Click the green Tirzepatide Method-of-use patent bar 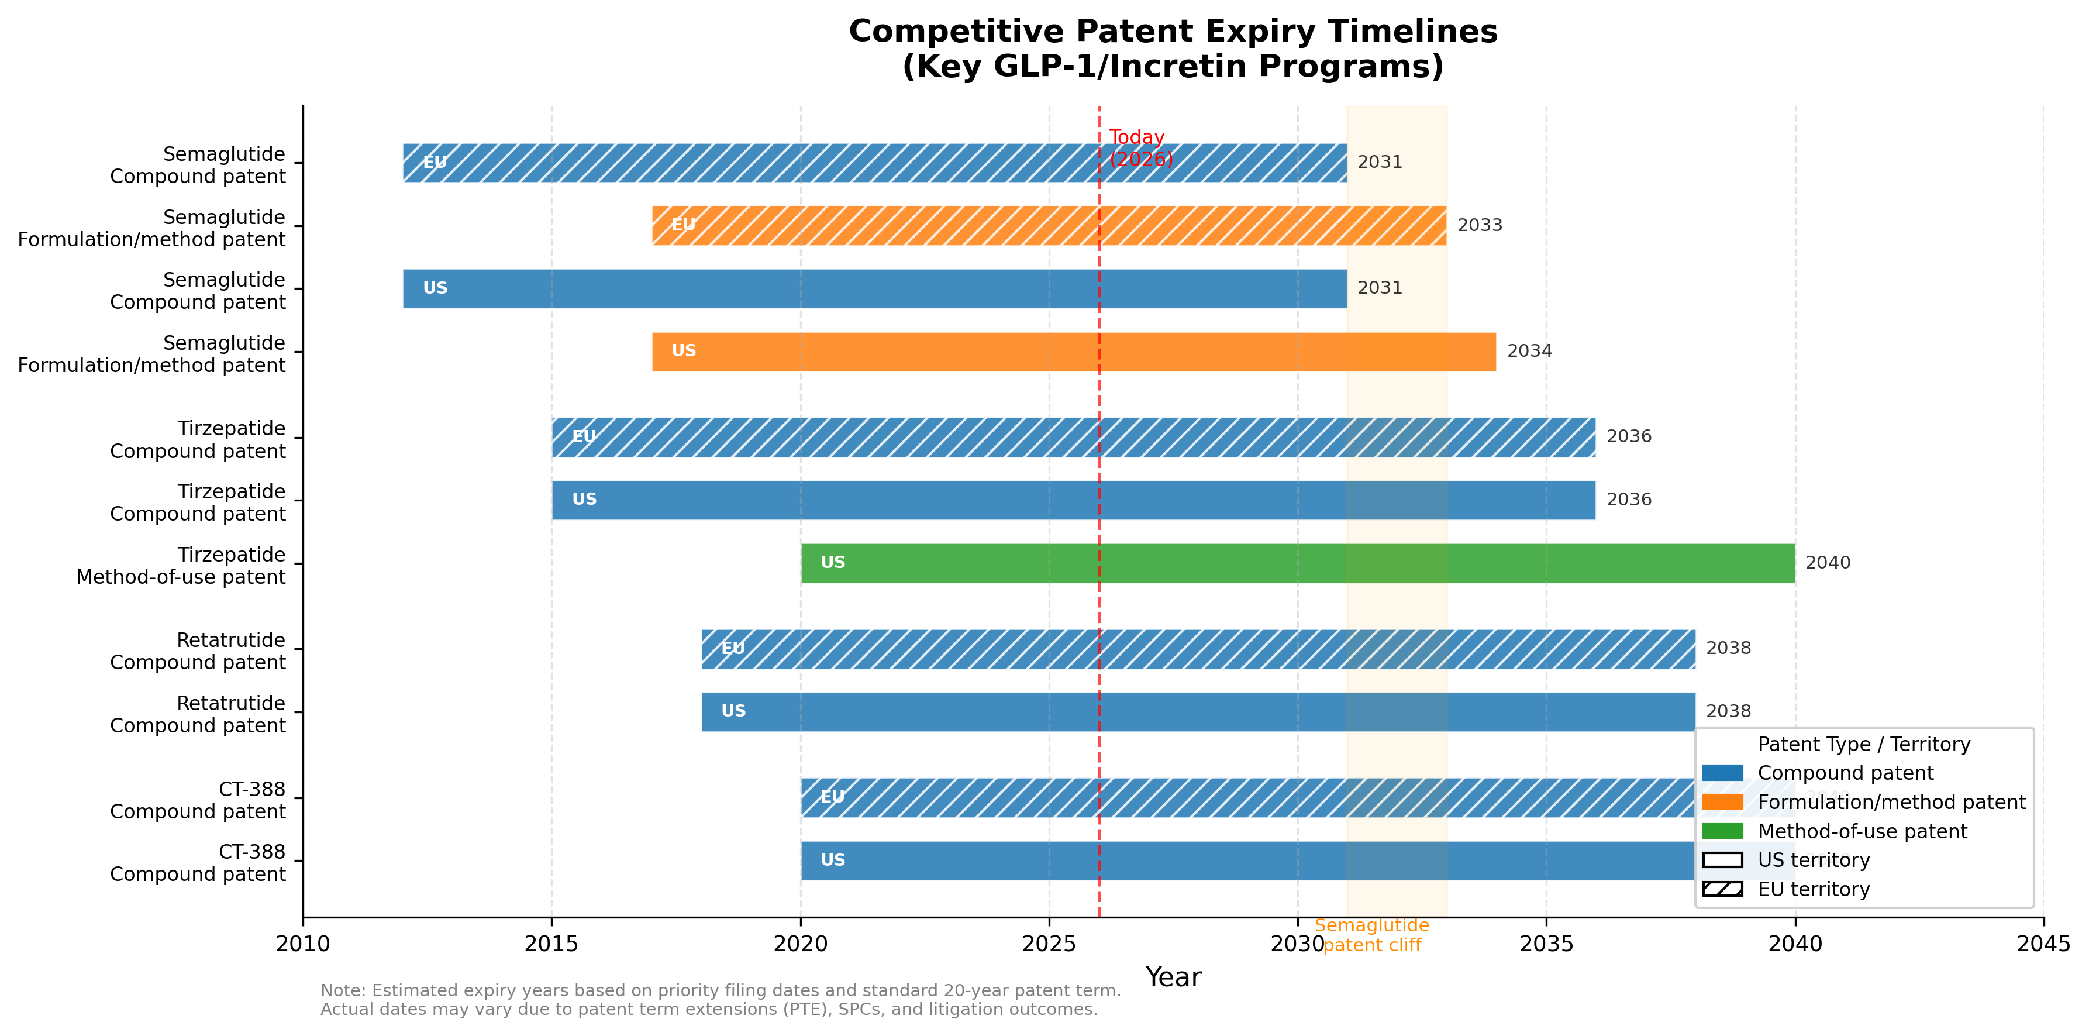[x=1298, y=563]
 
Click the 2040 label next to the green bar [x=1827, y=563]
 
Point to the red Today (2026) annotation [x=1139, y=149]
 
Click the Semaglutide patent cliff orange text [x=1371, y=935]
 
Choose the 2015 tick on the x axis [x=551, y=944]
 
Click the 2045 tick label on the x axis [x=2043, y=944]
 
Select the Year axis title [x=1173, y=978]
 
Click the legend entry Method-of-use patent [x=1862, y=832]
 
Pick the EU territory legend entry [x=1814, y=890]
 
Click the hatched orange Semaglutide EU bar [x=1049, y=226]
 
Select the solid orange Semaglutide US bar [x=1073, y=352]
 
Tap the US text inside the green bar [x=833, y=563]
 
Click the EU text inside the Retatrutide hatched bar [x=733, y=648]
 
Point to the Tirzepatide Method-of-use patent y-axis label [x=180, y=566]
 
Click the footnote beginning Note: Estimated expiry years [x=720, y=1000]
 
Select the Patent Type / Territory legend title [x=1864, y=745]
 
